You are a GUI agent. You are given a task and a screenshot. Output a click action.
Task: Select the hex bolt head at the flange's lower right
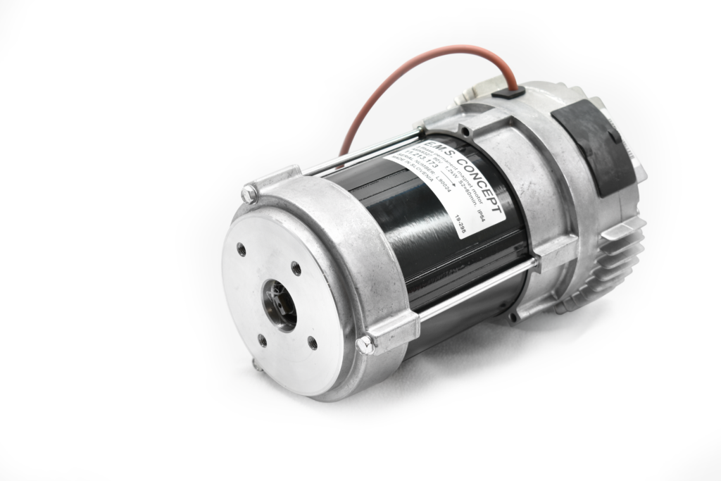click(x=365, y=343)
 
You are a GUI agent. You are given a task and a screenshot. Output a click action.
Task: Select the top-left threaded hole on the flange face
click(x=242, y=248)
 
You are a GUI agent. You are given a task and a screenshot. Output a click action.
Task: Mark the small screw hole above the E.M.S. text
click(x=422, y=130)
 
